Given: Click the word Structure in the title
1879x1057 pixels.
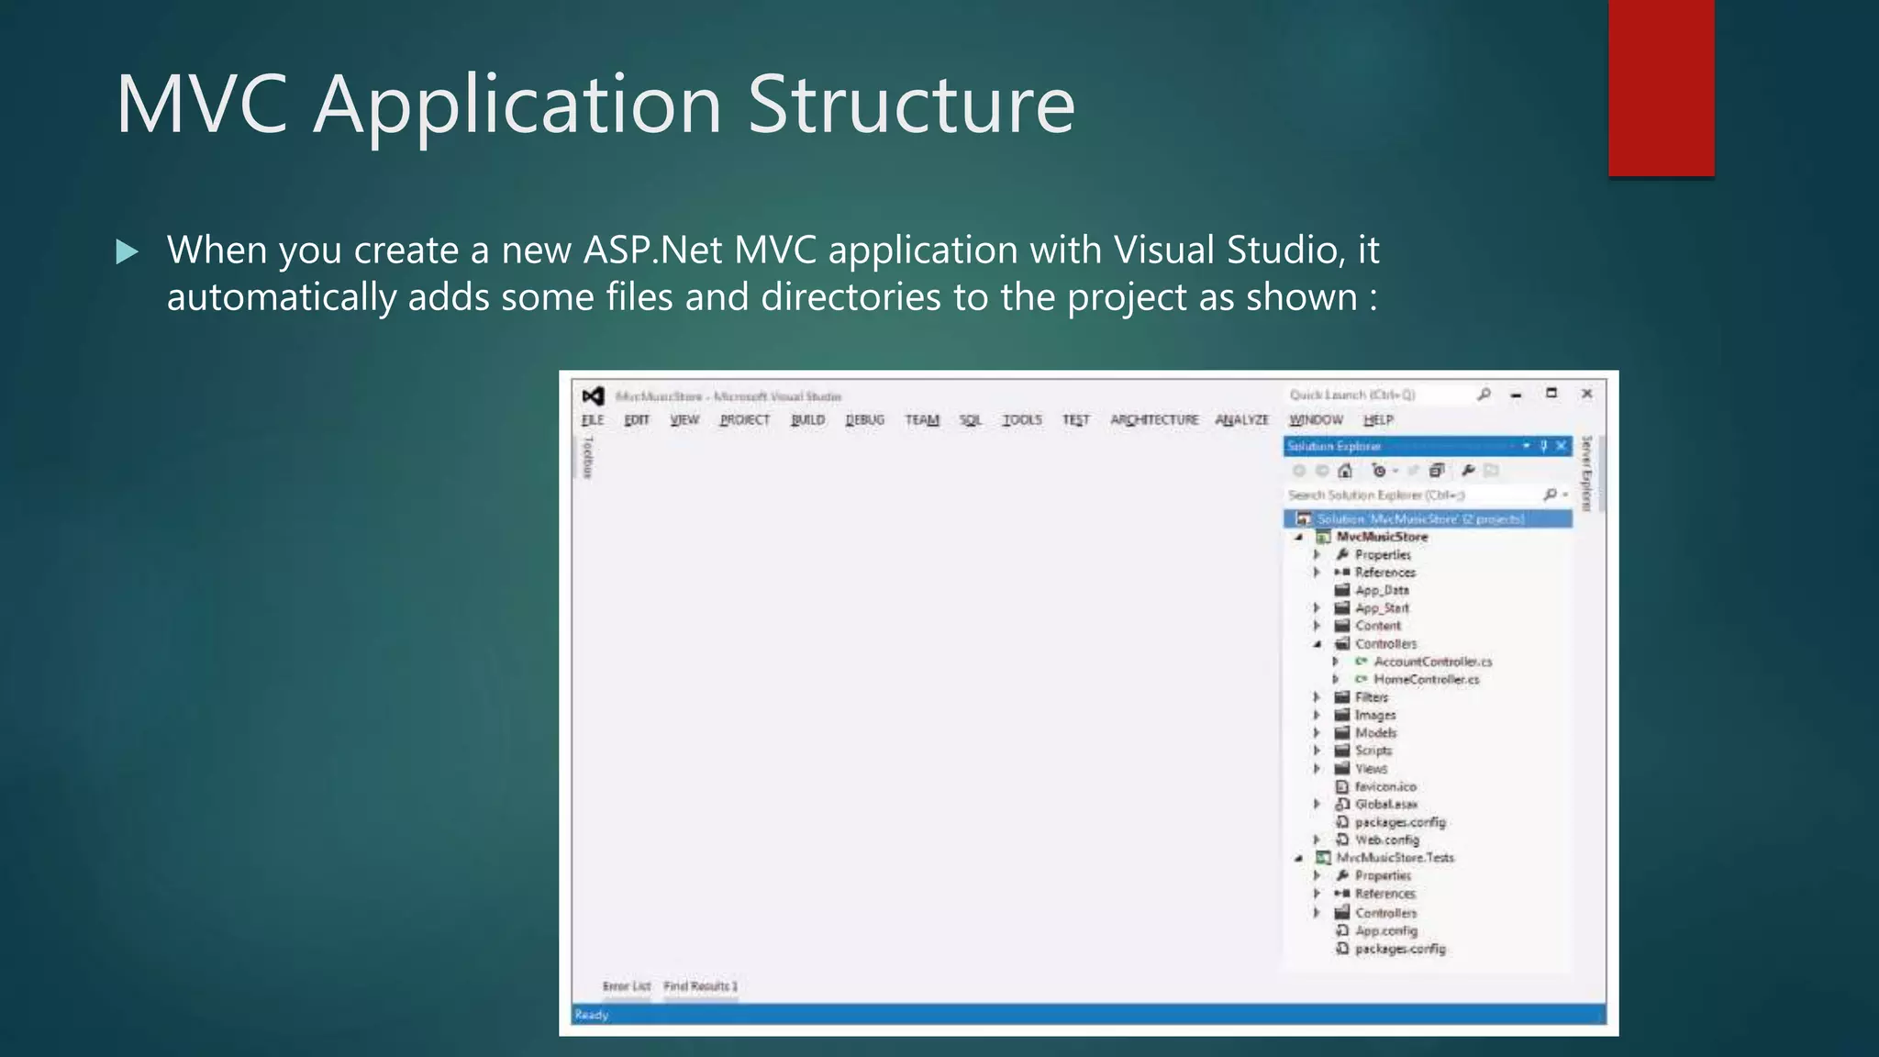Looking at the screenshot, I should tap(910, 105).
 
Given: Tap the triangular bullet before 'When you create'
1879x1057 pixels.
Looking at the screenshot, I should tap(128, 251).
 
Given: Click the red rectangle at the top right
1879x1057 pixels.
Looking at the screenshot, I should tap(1661, 87).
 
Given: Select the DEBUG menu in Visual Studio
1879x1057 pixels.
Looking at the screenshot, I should tap(864, 420).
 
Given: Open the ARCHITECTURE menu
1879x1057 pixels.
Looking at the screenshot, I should tap(1154, 420).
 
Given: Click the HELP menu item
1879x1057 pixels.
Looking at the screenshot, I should tap(1378, 420).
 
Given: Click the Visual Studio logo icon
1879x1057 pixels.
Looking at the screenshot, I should tap(593, 396).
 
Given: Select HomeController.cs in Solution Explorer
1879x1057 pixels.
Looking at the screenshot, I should tap(1426, 680).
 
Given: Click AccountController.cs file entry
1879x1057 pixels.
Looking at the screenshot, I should tap(1432, 662).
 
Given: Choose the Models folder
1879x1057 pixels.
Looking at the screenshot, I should tap(1375, 733).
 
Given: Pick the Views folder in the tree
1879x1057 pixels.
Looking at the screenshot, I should tap(1371, 769).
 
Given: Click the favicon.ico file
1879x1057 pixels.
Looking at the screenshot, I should tap(1385, 787).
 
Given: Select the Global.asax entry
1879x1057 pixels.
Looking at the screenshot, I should tap(1385, 805).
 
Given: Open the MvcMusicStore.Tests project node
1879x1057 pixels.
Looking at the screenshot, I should tap(1395, 858).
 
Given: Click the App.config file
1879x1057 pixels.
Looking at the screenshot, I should tap(1385, 931).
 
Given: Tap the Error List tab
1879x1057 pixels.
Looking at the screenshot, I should tap(627, 986).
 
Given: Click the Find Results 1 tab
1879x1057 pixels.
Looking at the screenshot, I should tap(701, 986).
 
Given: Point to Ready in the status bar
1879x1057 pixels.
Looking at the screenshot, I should tap(592, 1015).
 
